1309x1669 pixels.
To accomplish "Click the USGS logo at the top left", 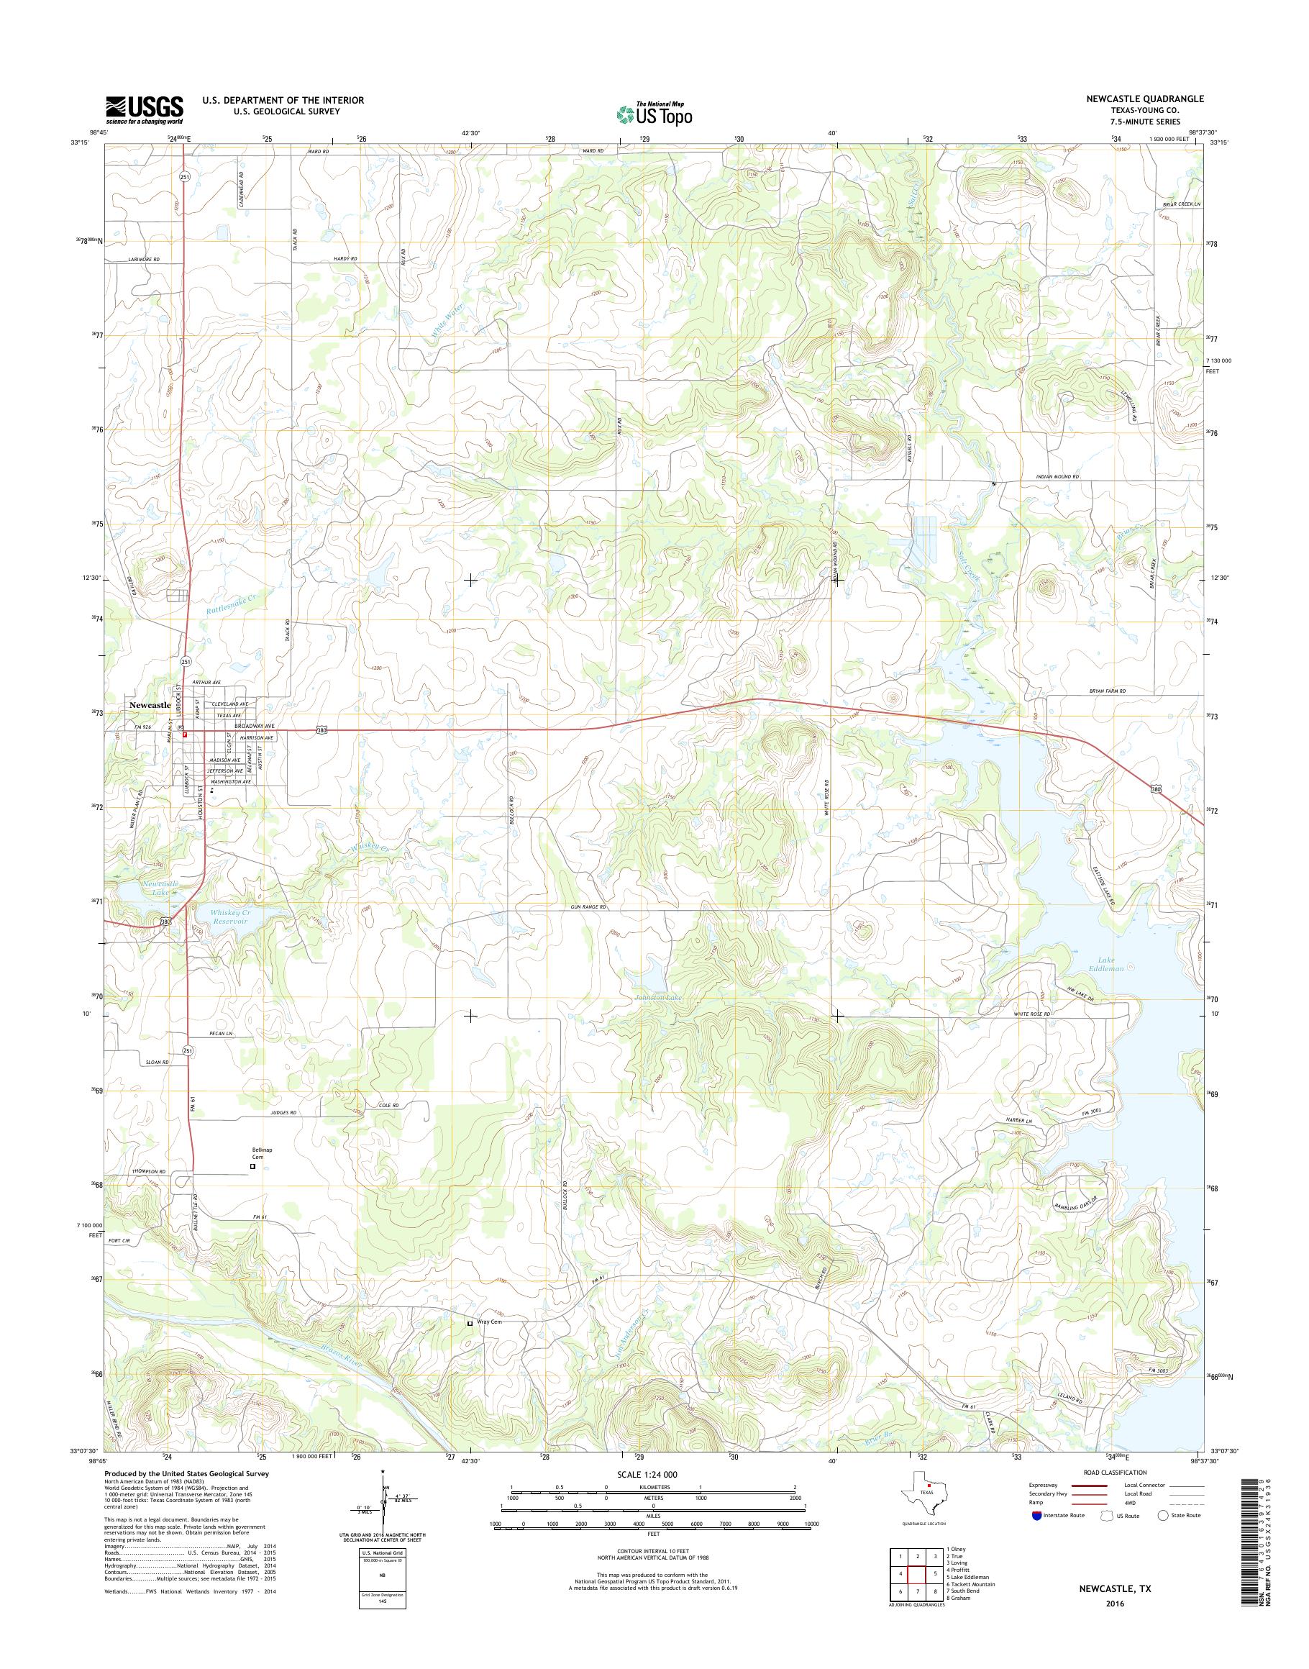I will coord(144,109).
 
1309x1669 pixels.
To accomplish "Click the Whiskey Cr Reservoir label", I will coord(230,919).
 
